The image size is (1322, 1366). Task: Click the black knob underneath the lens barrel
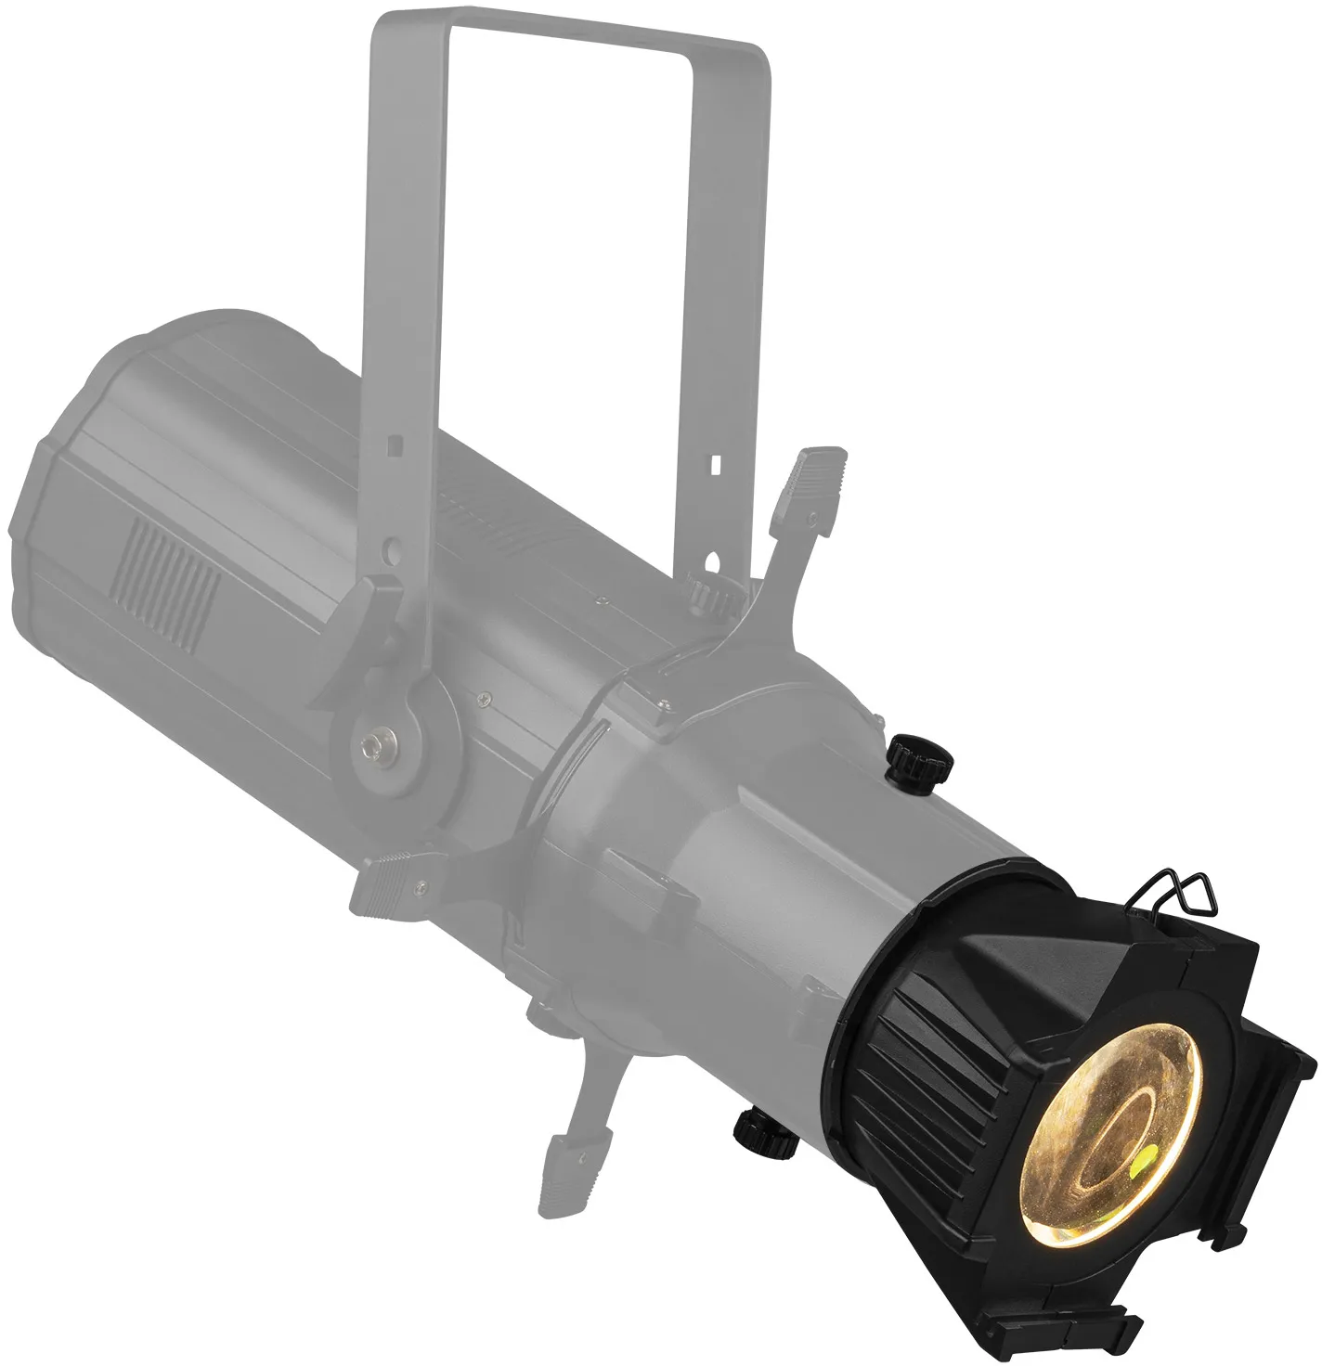click(x=758, y=1129)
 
